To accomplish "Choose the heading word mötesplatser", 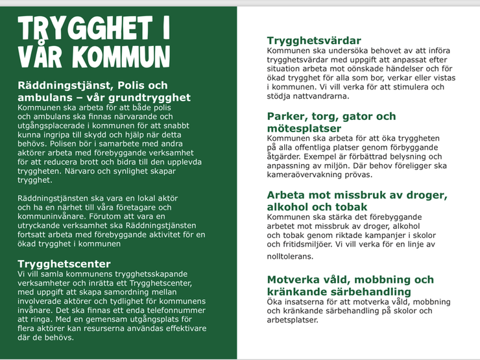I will (304, 128).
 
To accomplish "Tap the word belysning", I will (405, 156).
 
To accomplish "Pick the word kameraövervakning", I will (309, 174).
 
